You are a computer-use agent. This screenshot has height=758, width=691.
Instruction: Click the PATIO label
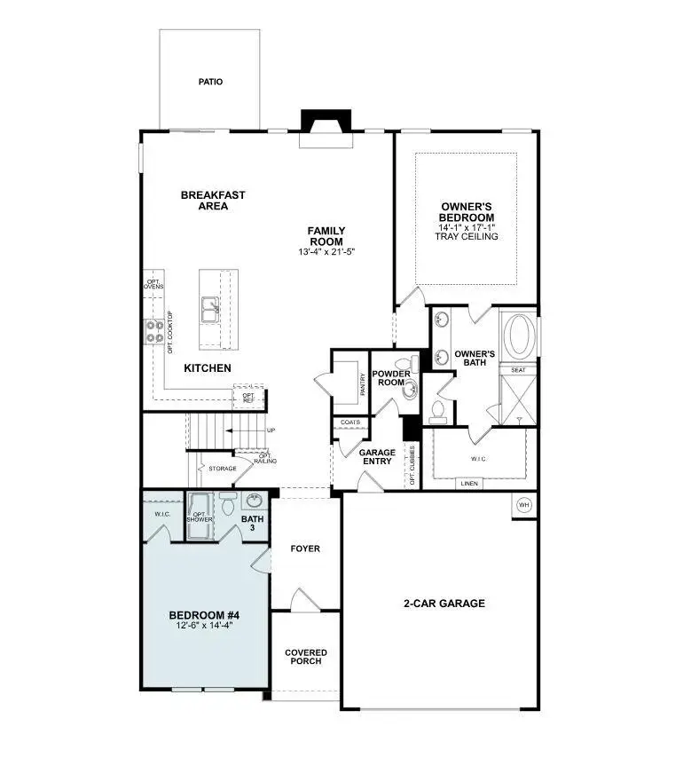click(210, 82)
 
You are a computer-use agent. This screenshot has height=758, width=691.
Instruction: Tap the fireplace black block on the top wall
click(326, 121)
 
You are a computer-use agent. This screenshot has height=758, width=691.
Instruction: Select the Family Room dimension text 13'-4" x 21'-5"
click(326, 252)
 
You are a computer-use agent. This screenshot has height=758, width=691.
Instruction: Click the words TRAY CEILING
click(467, 237)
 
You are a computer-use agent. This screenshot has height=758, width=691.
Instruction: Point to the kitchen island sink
click(211, 310)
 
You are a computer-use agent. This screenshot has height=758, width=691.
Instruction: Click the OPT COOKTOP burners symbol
click(151, 332)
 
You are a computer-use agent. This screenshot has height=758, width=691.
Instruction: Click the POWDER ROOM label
click(391, 379)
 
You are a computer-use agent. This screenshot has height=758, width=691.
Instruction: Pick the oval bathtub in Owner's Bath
click(519, 336)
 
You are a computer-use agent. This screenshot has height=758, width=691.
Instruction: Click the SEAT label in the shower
click(518, 369)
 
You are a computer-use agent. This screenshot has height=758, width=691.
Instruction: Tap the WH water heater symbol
click(523, 504)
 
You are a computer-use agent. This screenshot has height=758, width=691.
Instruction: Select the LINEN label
click(470, 484)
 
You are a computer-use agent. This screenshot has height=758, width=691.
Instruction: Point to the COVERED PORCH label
click(305, 657)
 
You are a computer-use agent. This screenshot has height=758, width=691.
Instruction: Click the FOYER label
click(305, 549)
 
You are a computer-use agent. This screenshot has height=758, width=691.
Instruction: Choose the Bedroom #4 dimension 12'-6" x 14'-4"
click(204, 625)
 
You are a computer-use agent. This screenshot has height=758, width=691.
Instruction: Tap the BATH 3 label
click(254, 524)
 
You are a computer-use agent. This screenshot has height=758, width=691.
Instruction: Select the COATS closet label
click(350, 422)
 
